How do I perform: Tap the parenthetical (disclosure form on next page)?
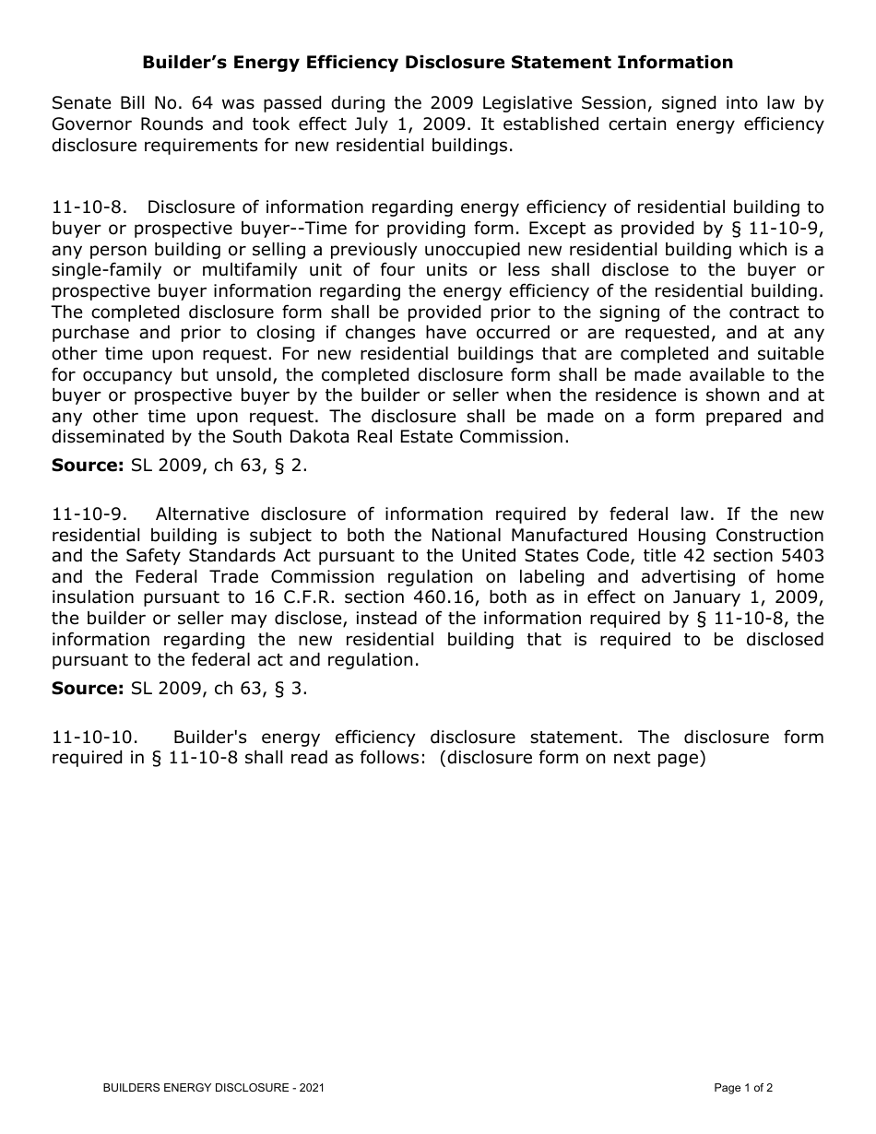(x=572, y=759)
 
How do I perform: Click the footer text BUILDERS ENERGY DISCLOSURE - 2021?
(x=213, y=1089)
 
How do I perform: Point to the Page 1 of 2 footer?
(x=743, y=1089)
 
